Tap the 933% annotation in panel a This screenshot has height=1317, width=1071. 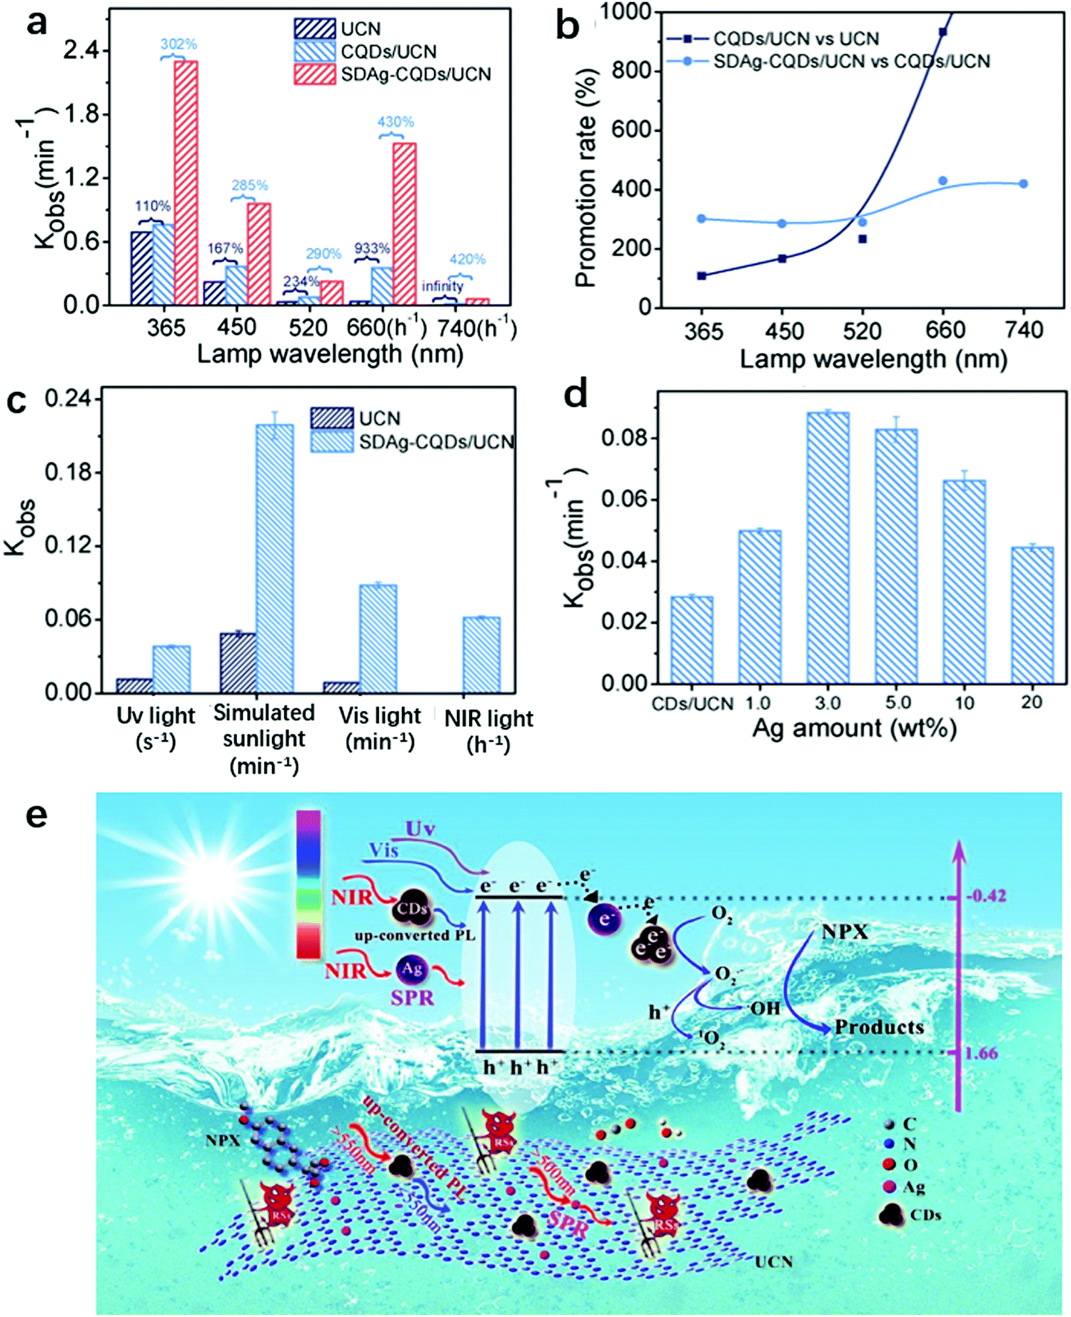tap(371, 248)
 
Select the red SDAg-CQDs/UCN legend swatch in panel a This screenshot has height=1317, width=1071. tap(314, 74)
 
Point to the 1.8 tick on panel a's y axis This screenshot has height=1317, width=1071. tap(85, 114)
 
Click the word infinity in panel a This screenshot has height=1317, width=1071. tap(442, 286)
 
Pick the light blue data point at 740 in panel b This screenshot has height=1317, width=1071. tap(1024, 183)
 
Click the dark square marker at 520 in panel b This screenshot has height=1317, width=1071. tap(863, 239)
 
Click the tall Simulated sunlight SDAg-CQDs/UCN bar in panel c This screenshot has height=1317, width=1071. tap(274, 557)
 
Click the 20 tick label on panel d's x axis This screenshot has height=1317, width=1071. tap(1031, 702)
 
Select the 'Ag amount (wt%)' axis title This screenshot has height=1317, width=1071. tap(854, 729)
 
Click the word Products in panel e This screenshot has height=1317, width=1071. tap(879, 1027)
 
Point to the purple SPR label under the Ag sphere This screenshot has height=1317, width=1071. tap(412, 997)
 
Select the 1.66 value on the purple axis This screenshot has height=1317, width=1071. tap(981, 1053)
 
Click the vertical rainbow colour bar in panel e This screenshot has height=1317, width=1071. tap(308, 884)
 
